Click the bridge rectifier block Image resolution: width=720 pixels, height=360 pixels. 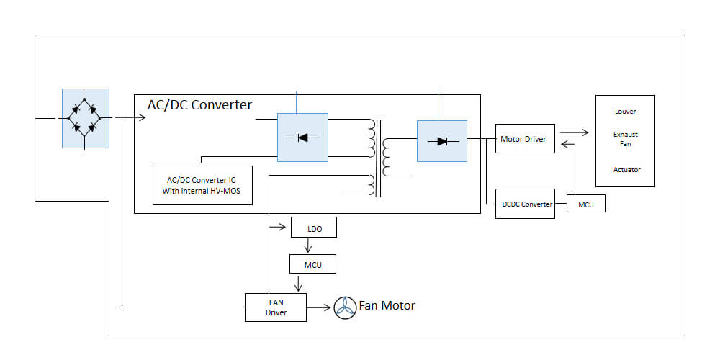(86, 118)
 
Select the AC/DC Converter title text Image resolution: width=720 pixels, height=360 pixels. (199, 105)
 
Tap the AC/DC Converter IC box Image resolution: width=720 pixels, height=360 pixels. (203, 185)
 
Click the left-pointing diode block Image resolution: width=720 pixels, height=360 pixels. (302, 135)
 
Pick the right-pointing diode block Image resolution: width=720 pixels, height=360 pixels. (441, 140)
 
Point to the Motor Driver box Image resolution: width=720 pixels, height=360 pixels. (526, 138)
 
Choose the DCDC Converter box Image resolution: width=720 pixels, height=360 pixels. (526, 204)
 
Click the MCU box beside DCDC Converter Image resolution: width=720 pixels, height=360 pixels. (586, 204)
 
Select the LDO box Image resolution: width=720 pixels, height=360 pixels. (313, 229)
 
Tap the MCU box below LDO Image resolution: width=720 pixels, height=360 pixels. (313, 264)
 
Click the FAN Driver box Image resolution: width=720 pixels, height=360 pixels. (276, 307)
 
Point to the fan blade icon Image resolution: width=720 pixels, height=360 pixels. (346, 307)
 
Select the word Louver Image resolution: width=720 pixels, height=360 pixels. (625, 112)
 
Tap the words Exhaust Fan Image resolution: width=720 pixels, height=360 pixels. (625, 139)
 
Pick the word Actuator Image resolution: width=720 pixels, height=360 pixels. (625, 170)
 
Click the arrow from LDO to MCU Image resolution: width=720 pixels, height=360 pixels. (308, 246)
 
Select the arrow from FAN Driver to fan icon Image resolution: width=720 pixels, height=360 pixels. (320, 307)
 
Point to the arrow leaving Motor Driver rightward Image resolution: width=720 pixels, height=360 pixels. (573, 132)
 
